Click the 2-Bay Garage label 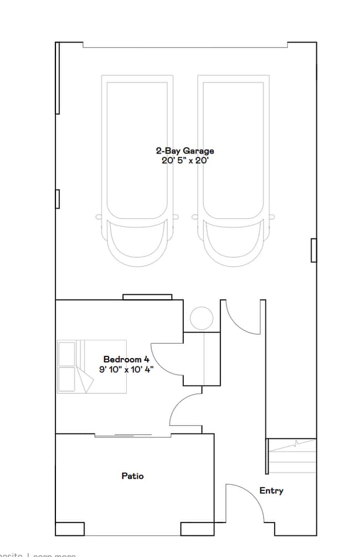tap(184, 151)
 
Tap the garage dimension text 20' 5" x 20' tap(184, 160)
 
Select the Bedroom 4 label tap(122, 360)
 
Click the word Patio tap(133, 476)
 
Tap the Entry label tap(271, 490)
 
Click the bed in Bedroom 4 tap(92, 366)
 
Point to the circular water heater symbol tap(202, 319)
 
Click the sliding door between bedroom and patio tap(123, 435)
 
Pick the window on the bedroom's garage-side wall tap(147, 297)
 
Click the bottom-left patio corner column tap(70, 529)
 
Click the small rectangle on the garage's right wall tap(313, 249)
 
